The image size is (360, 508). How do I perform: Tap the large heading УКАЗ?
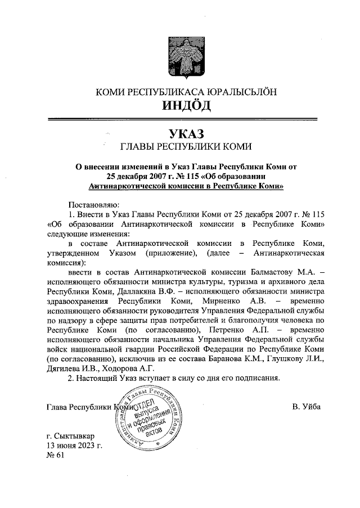tap(179, 134)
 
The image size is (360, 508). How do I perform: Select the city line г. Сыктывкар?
tap(70, 437)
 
